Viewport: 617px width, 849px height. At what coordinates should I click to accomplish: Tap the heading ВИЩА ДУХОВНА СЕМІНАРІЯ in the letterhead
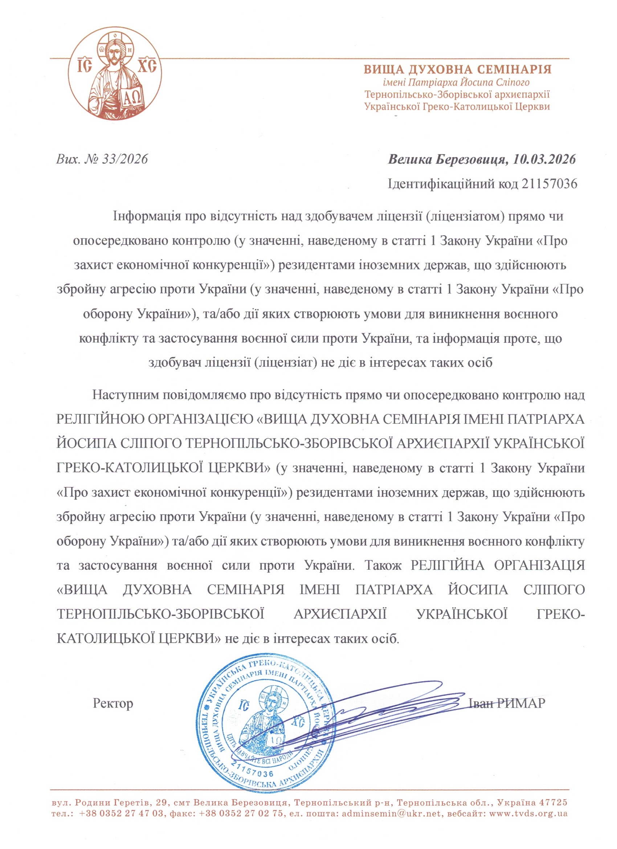458,69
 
